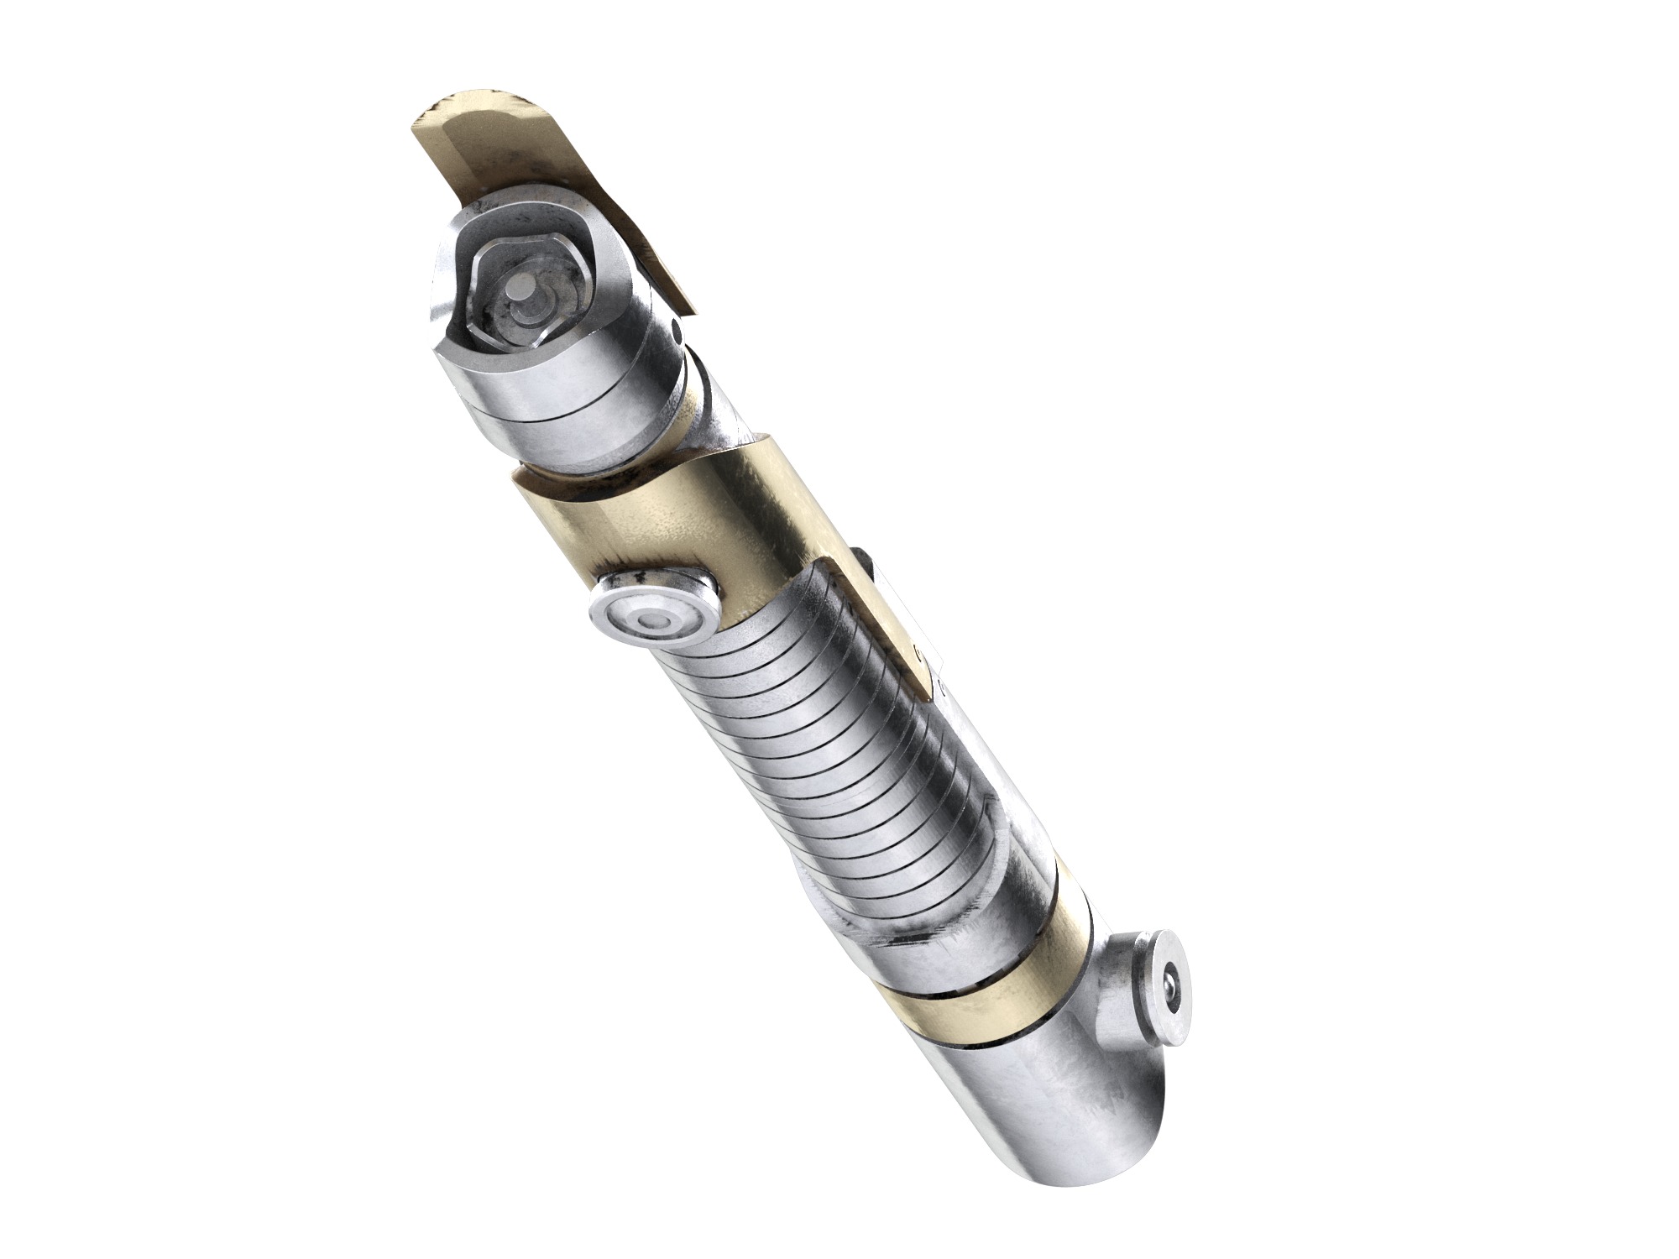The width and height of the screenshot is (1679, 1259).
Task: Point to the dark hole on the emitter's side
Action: [x=677, y=338]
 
